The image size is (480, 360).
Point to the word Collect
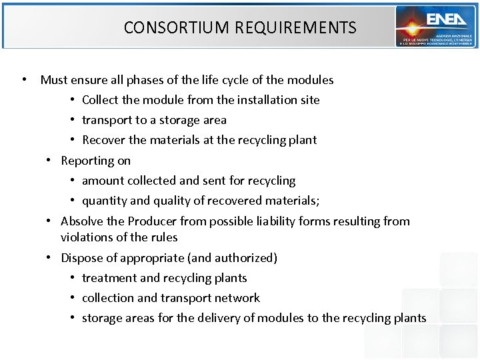point(100,100)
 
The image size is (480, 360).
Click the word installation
point(267,100)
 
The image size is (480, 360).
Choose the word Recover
point(103,141)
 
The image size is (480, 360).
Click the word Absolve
point(82,221)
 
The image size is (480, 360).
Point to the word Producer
point(153,221)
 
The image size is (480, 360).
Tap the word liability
point(275,221)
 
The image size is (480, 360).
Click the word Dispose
point(81,258)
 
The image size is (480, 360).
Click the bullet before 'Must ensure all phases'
point(24,80)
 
